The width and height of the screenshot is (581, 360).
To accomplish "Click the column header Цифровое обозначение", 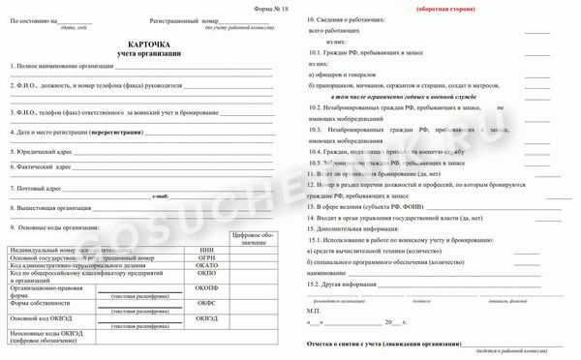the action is tap(254, 238).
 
